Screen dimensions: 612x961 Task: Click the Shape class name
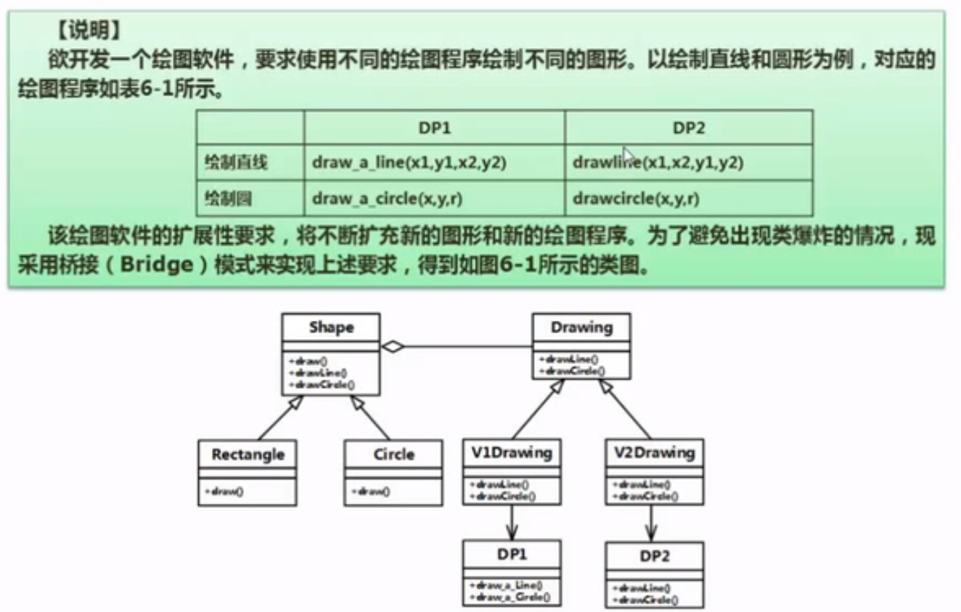331,327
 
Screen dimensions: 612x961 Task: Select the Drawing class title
581,327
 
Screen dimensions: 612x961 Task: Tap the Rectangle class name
248,455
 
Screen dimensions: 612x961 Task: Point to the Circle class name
393,455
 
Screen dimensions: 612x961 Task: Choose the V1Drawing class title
512,453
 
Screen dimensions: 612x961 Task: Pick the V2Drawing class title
655,453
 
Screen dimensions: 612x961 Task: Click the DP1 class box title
512,555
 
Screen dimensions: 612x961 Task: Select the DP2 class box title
655,558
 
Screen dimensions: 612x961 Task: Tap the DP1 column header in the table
435,128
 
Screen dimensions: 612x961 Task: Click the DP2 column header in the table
689,128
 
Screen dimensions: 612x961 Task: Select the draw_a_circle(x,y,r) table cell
406,198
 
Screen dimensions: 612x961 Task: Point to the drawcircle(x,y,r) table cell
636,198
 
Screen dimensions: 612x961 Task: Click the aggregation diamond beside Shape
393,347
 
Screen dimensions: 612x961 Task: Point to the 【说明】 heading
88,30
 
